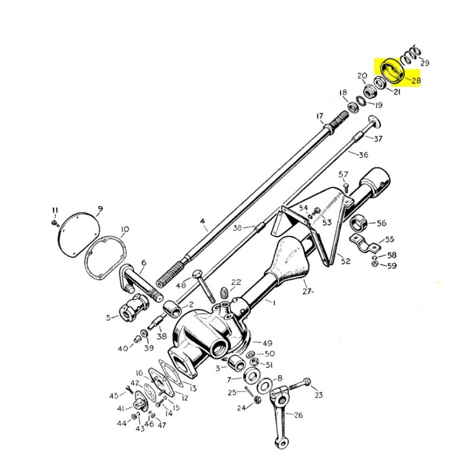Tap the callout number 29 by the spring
click(425, 63)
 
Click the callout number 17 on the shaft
click(320, 116)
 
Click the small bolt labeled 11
click(55, 223)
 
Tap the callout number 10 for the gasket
click(125, 229)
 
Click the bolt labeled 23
click(300, 383)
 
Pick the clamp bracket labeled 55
click(365, 243)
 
